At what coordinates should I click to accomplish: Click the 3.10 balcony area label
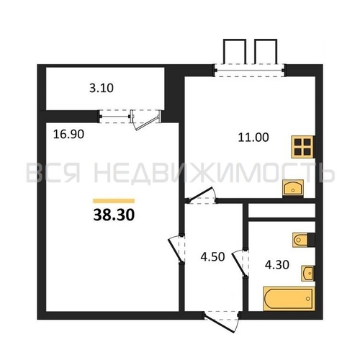tap(102, 88)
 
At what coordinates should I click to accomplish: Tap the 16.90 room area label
tap(68, 134)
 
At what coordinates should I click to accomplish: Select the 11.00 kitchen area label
tap(253, 138)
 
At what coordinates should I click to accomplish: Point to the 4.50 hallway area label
tap(212, 256)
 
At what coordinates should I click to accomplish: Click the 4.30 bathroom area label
tap(277, 265)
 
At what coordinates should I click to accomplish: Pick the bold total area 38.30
tap(114, 215)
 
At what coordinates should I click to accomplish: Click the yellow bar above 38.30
tap(114, 201)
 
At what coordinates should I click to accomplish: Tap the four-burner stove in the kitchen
tap(302, 147)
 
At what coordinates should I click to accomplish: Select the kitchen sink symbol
tap(293, 188)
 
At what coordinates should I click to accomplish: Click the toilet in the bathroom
tap(304, 240)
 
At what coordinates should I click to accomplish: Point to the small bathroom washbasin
tap(307, 273)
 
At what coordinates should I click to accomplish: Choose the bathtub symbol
tap(289, 299)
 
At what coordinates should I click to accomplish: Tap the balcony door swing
tap(145, 120)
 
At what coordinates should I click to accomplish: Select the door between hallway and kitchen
tap(202, 195)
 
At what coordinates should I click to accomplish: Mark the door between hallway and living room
tap(176, 249)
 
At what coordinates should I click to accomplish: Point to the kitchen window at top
tap(250, 71)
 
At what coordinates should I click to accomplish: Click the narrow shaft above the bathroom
tap(282, 210)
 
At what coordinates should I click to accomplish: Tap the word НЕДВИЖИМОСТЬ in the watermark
tap(215, 172)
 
